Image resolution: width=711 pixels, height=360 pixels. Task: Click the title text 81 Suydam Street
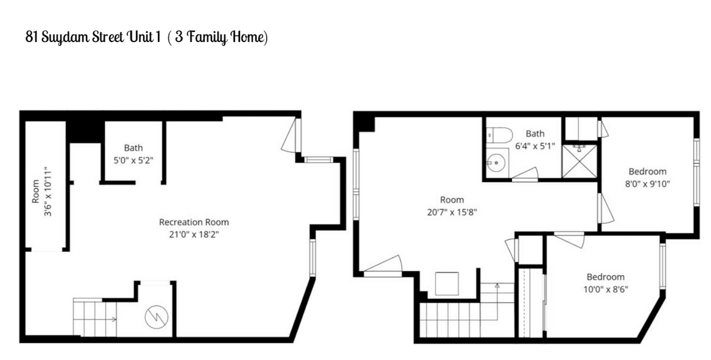(x=75, y=37)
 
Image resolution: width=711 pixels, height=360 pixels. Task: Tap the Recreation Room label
(x=194, y=222)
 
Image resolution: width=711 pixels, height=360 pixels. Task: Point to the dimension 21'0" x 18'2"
(x=194, y=234)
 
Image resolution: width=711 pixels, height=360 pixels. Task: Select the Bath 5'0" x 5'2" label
(x=133, y=154)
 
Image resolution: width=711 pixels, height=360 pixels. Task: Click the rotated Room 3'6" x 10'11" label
(x=41, y=192)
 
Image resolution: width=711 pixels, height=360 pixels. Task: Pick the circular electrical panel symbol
(x=156, y=317)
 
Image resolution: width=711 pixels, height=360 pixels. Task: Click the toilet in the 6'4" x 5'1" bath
(x=499, y=135)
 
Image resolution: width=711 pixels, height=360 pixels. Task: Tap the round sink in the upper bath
(x=496, y=163)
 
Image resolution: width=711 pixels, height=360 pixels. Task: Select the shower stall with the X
(x=579, y=162)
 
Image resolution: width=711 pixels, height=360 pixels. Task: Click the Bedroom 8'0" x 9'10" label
(x=648, y=178)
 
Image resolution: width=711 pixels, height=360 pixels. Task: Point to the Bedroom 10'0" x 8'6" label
(x=606, y=283)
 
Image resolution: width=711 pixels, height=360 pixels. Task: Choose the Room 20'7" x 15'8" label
(x=452, y=206)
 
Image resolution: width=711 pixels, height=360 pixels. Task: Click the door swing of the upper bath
(x=525, y=175)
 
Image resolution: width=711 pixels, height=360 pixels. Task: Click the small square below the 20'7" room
(x=447, y=284)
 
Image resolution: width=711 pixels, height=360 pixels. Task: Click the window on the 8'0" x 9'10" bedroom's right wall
(x=696, y=172)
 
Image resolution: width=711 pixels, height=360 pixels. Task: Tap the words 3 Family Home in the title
(x=219, y=37)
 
